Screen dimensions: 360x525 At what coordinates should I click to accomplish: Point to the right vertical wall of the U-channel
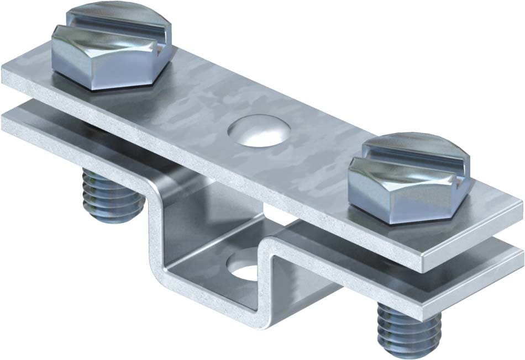point(271,276)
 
